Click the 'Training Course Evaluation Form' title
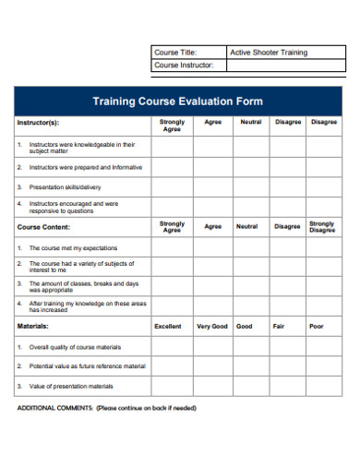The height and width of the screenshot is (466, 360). click(178, 101)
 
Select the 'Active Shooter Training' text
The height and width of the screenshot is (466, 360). click(269, 53)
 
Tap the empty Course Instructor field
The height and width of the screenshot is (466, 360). click(284, 66)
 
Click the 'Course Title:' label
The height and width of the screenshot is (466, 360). click(175, 53)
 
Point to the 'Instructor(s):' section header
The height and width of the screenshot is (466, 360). click(38, 123)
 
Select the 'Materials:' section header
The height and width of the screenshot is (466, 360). click(33, 326)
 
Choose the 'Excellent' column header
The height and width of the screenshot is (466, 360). click(168, 326)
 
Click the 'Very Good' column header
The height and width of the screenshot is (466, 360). click(212, 326)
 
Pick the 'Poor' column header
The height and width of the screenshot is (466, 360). click(317, 326)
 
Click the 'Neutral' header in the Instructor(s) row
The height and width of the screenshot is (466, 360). click(250, 122)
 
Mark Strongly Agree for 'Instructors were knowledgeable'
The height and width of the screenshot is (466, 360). click(172, 146)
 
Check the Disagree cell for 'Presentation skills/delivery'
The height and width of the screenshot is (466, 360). click(287, 186)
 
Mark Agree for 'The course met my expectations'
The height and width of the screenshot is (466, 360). click(212, 248)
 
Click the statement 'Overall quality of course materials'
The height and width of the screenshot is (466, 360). click(75, 347)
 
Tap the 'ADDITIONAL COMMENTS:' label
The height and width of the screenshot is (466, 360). click(54, 407)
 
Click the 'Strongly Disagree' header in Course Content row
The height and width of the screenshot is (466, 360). click(322, 226)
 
